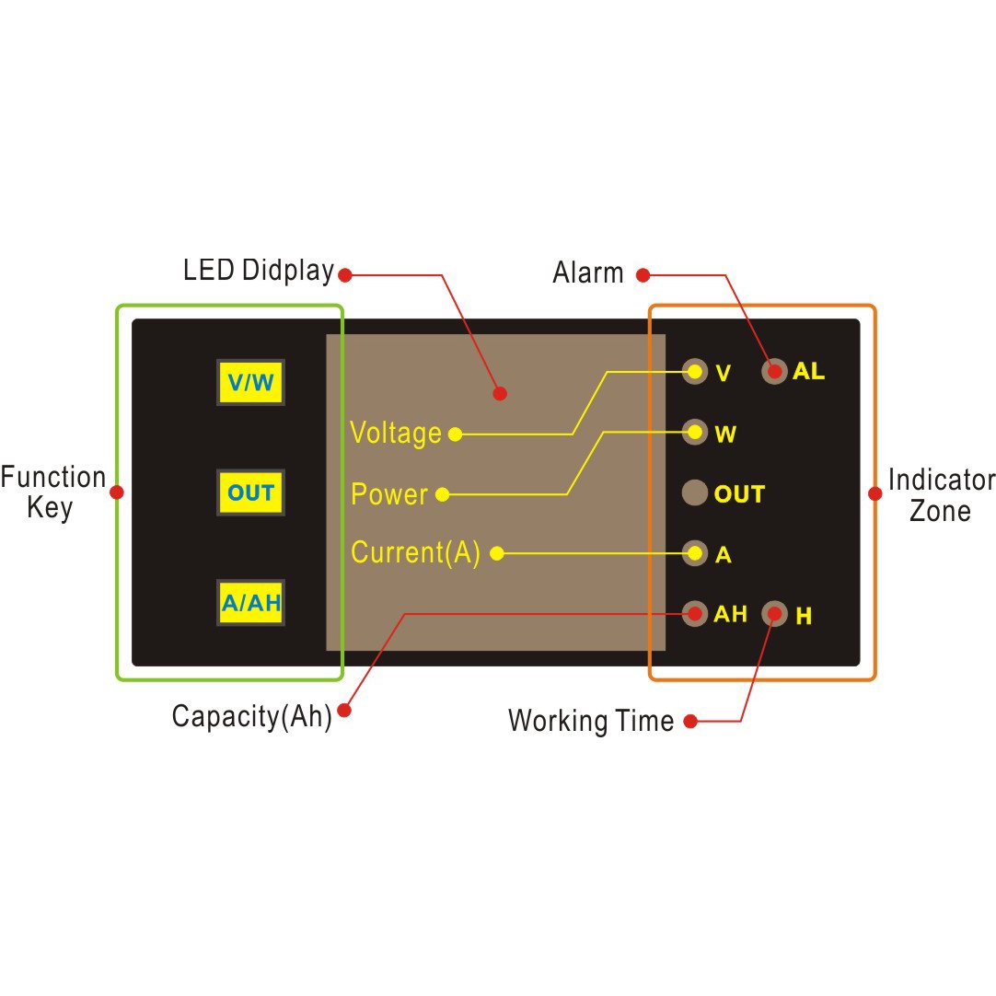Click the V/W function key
(x=250, y=382)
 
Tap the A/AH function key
(x=250, y=602)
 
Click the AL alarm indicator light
(x=774, y=371)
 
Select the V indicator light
(x=694, y=371)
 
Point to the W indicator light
(x=694, y=432)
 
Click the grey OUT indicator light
(x=694, y=492)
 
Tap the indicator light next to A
(x=694, y=553)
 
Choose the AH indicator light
(x=694, y=614)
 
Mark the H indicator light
(x=774, y=614)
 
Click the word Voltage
(x=396, y=434)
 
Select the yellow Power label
(x=389, y=494)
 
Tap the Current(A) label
(x=415, y=552)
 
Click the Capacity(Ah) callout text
(x=251, y=716)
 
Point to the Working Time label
(x=591, y=721)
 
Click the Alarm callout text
(x=588, y=272)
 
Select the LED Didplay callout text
(x=259, y=271)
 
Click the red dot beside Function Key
(x=117, y=492)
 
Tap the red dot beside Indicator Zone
(x=875, y=493)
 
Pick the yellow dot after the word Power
(x=443, y=495)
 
